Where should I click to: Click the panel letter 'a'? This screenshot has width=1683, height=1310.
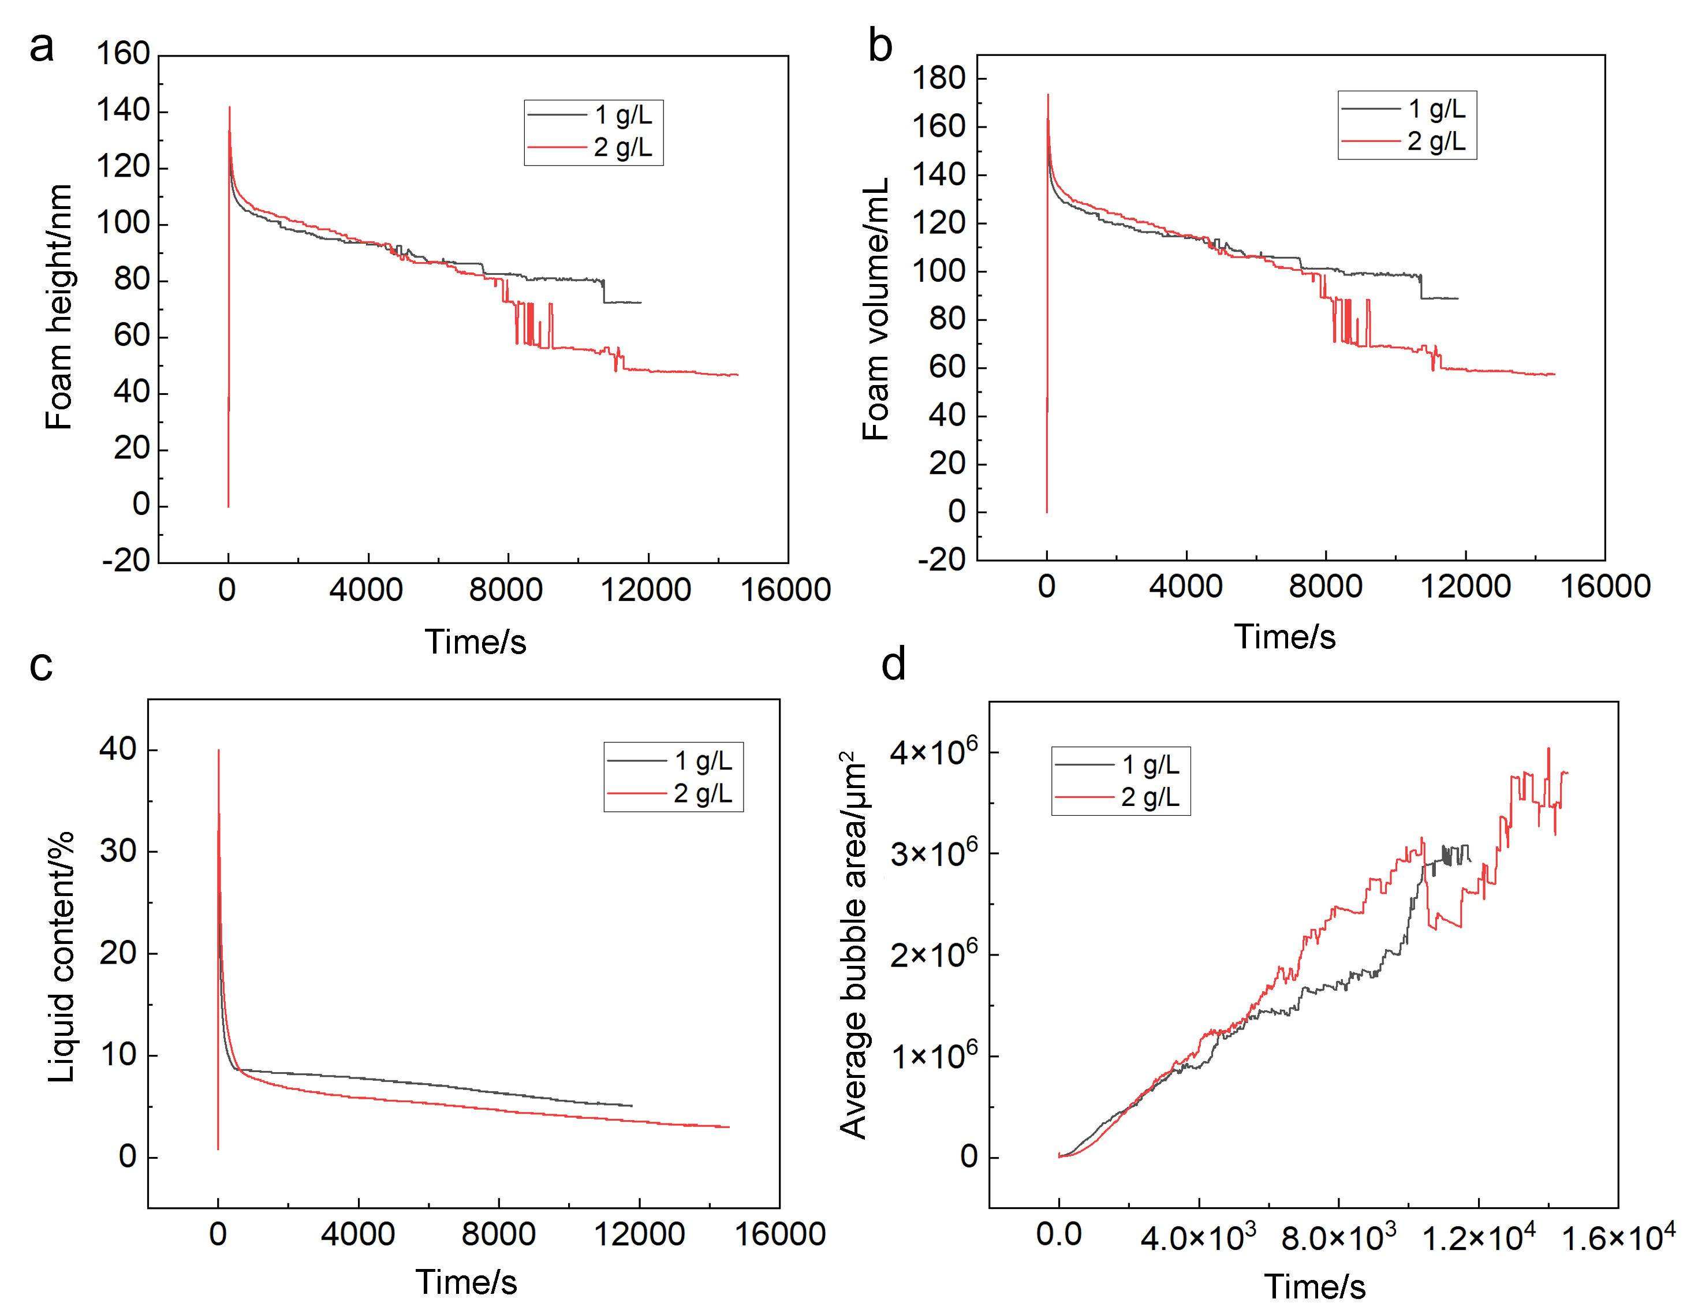click(x=42, y=48)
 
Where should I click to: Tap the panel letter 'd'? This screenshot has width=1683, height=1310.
click(x=893, y=665)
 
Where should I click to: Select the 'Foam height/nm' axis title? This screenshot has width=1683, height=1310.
click(x=59, y=307)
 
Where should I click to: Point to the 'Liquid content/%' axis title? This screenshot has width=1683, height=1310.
click(x=61, y=956)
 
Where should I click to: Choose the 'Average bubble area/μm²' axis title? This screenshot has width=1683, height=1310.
click(x=854, y=946)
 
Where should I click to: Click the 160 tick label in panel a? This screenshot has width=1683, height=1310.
click(x=122, y=54)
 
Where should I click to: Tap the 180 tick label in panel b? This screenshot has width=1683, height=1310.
click(x=939, y=79)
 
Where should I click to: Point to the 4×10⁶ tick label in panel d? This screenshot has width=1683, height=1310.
click(x=933, y=751)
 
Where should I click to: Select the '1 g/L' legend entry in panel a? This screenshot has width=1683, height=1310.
click(x=622, y=115)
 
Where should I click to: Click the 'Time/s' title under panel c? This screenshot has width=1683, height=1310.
click(x=466, y=1282)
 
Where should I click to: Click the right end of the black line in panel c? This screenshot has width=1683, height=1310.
click(x=632, y=1106)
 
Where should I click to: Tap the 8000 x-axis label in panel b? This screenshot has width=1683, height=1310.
click(x=1326, y=587)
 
